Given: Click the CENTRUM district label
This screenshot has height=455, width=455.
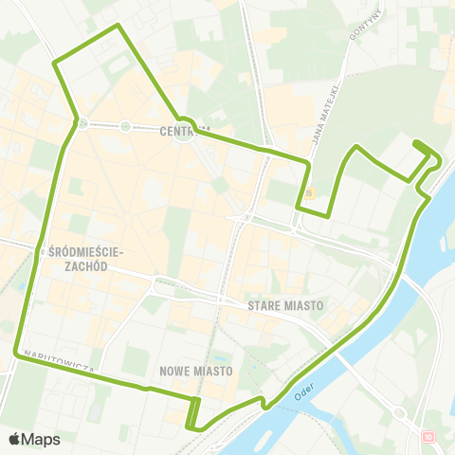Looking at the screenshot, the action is coord(184,131).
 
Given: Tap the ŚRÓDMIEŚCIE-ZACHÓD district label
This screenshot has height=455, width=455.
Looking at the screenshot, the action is coord(85,259).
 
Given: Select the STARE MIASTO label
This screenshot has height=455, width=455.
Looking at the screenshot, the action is coord(285,306).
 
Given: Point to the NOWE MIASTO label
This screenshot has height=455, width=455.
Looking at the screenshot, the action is coord(196,371).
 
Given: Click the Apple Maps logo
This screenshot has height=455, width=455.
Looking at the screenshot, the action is coord(34,438).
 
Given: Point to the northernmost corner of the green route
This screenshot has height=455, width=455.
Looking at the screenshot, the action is coord(117,25).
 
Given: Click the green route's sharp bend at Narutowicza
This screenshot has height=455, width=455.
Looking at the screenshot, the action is coord(15,355).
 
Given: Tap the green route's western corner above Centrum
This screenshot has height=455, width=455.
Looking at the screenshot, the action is coord(55,64).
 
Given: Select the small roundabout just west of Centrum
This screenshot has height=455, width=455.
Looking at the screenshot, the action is coord(124,125).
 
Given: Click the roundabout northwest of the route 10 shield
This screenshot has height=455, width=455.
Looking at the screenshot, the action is coord(399,413).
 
